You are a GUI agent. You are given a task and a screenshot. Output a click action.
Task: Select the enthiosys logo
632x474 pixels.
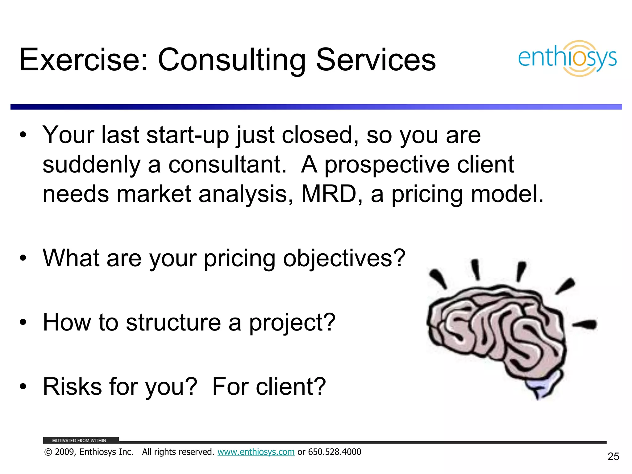[x=567, y=58]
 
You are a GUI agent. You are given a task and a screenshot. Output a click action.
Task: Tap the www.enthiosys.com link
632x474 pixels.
[x=256, y=452]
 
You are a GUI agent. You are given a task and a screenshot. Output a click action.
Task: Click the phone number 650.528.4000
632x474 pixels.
[x=335, y=452]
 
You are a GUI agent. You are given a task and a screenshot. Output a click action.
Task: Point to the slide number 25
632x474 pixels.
[x=613, y=456]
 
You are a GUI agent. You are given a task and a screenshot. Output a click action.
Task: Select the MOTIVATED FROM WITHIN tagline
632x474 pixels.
[x=79, y=440]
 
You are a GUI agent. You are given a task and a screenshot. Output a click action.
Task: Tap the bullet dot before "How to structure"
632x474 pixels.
[x=23, y=322]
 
